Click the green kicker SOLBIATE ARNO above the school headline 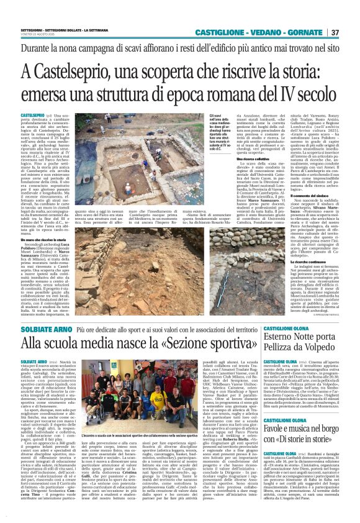[39, 327]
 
